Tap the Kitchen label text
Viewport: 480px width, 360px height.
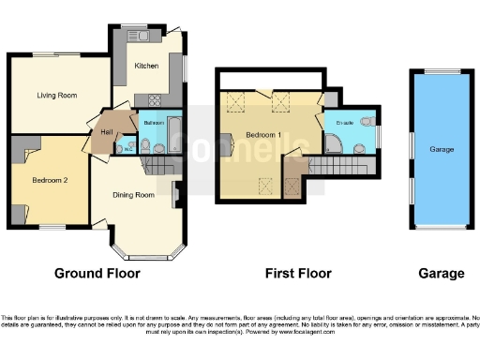tap(145, 67)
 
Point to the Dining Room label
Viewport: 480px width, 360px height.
tap(133, 195)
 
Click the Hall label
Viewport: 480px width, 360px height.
tap(107, 132)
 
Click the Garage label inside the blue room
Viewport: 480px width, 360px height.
tap(442, 149)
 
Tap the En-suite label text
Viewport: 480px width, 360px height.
tap(344, 124)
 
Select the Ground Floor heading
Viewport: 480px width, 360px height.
tap(97, 274)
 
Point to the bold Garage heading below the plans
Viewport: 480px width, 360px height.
tap(441, 274)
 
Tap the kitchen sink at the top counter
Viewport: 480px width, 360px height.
tap(141, 37)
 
